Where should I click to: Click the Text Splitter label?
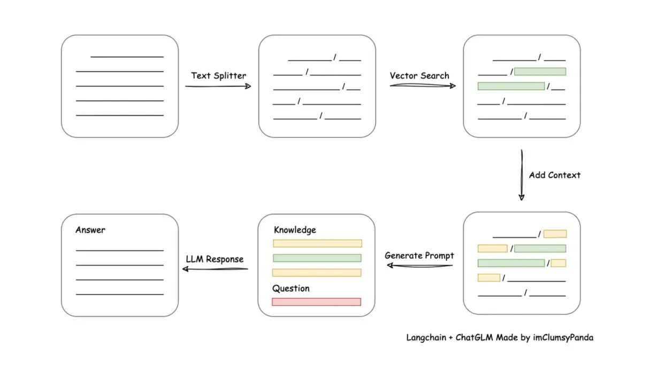coord(219,75)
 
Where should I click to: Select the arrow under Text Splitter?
coord(218,86)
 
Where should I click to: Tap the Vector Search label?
coord(419,75)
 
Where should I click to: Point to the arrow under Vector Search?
coord(423,86)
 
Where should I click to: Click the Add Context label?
coord(554,175)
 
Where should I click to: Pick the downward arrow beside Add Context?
coord(522,175)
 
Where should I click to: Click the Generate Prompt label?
coord(419,256)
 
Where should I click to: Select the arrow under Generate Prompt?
coord(419,266)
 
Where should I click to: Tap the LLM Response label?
coord(215,259)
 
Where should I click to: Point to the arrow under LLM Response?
coord(215,269)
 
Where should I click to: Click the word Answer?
coord(90,230)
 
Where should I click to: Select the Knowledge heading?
coord(295,230)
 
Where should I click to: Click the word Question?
coord(291,288)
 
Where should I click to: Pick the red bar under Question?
coord(317,302)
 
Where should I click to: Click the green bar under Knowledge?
coord(317,258)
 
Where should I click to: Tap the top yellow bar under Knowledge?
coord(317,243)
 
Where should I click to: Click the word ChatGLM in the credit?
coord(474,337)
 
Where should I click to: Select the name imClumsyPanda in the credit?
coord(563,338)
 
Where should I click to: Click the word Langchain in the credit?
coord(426,338)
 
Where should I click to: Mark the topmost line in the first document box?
coord(127,57)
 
